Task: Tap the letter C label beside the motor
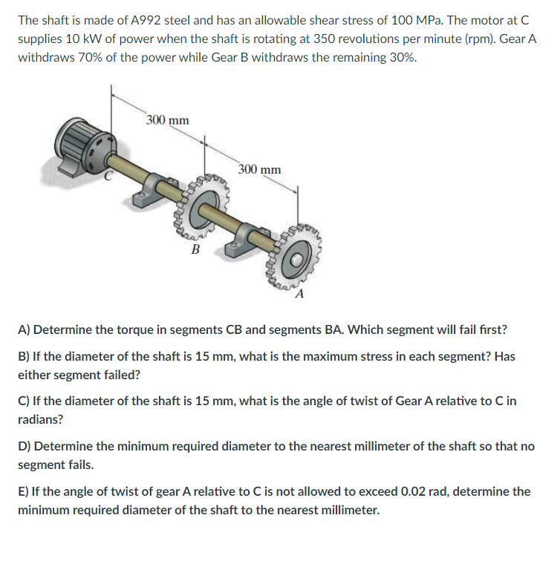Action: coord(108,175)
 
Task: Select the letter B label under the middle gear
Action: coord(195,249)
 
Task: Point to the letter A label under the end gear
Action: coord(299,294)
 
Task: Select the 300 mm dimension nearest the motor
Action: coord(167,119)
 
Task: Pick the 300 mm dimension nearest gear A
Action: coord(260,169)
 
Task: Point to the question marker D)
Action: coord(25,447)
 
